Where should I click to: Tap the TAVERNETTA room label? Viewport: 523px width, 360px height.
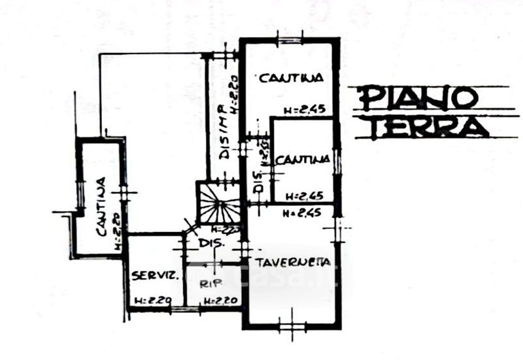tap(292, 263)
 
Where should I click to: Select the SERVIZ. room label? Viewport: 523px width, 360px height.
tap(154, 276)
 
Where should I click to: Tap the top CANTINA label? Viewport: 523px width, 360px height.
tap(291, 78)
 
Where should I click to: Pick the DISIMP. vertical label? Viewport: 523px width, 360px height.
tap(224, 131)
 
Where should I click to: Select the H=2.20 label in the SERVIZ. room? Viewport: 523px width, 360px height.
tap(152, 301)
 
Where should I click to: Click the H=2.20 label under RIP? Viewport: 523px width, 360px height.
tap(219, 301)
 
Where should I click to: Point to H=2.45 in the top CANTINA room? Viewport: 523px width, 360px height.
tap(304, 109)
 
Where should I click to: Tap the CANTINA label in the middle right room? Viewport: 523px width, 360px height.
tap(302, 159)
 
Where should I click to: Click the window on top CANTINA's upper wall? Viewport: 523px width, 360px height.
tap(288, 40)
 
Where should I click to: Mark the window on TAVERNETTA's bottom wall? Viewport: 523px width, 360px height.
tap(292, 324)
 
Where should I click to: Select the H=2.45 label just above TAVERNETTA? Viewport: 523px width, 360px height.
tap(301, 213)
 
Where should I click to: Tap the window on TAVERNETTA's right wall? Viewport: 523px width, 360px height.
tap(338, 231)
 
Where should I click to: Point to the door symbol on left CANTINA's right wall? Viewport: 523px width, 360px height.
tap(125, 193)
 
